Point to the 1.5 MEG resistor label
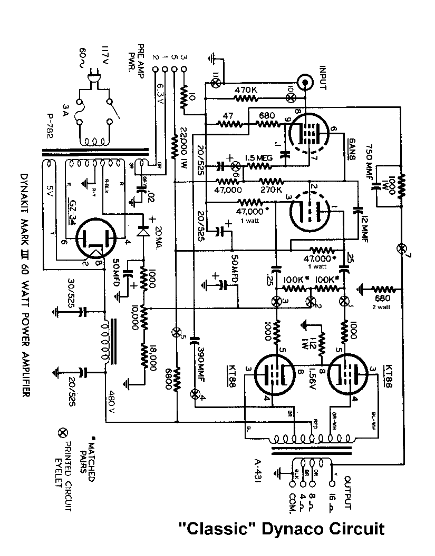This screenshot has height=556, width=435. tap(258, 157)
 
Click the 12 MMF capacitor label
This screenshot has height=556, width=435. tap(363, 221)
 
